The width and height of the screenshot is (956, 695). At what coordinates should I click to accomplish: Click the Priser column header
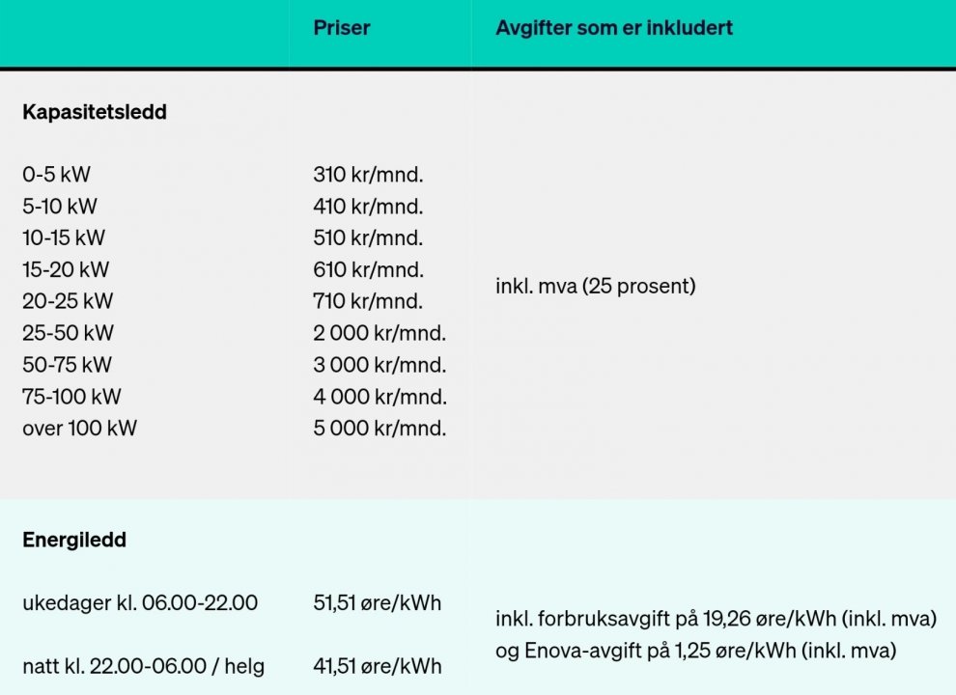coord(341,28)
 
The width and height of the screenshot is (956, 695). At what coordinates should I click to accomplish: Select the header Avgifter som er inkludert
coord(613,28)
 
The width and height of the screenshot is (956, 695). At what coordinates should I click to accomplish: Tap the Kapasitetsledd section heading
coord(94,112)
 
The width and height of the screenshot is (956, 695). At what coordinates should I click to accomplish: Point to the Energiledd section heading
coord(74,540)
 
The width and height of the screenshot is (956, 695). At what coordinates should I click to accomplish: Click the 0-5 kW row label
coord(56,175)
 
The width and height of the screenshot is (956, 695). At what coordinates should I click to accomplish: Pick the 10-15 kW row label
coord(64,237)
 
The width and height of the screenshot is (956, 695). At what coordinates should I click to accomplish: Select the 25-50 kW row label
coord(68,333)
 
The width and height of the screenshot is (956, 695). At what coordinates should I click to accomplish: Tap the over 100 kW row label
coord(79,429)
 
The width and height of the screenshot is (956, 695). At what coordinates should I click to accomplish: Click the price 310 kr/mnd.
coord(368,175)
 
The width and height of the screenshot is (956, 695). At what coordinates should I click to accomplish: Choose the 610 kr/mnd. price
coord(368,269)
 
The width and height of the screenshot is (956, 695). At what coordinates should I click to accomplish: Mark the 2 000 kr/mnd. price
coord(380,333)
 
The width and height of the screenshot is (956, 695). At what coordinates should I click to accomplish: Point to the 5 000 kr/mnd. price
coord(380,429)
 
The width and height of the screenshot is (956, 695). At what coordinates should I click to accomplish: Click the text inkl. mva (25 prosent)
coord(595,287)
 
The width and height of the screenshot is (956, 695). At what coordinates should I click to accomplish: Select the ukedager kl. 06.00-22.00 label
coord(140,603)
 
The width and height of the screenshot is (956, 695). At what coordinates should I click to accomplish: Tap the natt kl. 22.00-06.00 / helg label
coord(143,666)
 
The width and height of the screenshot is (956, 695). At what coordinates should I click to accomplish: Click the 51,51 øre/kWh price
coord(377,603)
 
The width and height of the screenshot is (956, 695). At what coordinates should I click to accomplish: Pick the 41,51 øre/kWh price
coord(377,666)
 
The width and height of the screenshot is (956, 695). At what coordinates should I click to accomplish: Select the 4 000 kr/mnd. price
coord(380,397)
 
